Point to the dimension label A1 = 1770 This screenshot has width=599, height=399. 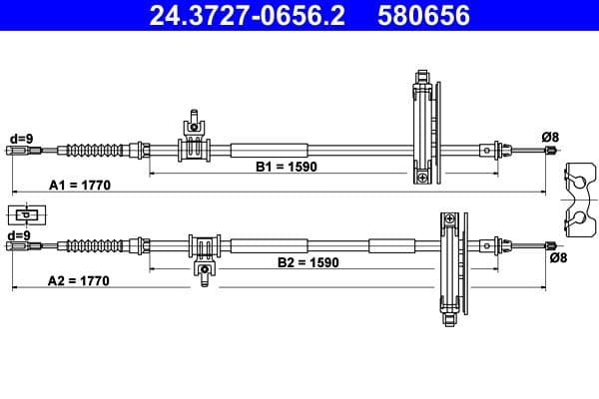(x=79, y=186)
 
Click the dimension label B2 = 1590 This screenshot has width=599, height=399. (x=307, y=263)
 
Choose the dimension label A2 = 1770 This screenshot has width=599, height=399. (x=78, y=281)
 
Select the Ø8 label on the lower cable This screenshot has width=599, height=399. (x=558, y=258)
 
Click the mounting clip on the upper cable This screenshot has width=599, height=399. (x=194, y=141)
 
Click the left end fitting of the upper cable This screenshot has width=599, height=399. (x=20, y=151)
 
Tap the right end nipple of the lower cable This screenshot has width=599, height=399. (x=548, y=246)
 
